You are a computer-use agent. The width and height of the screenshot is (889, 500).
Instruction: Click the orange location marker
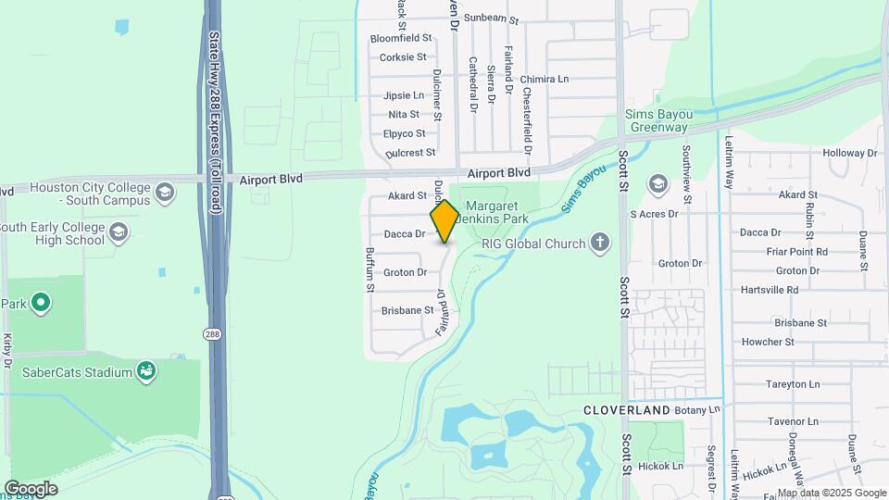[444, 221]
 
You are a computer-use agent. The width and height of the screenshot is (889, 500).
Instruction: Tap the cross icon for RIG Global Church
[600, 244]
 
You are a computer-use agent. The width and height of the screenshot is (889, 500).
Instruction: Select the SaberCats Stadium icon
[146, 372]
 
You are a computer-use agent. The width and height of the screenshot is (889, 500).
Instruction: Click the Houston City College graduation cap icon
[165, 193]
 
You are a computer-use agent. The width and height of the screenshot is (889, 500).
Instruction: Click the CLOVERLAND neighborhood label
[626, 409]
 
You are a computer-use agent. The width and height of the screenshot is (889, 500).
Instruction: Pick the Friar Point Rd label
[796, 251]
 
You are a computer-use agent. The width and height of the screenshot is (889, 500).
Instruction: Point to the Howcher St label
[768, 342]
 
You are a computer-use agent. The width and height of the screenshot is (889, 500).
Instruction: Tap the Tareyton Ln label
[793, 383]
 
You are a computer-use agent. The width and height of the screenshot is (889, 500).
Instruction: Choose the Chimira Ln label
[545, 80]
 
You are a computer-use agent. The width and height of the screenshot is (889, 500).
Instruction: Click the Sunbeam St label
[492, 18]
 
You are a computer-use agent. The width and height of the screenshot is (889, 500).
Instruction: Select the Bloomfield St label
[401, 38]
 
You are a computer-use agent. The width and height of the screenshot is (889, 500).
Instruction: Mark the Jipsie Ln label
[404, 95]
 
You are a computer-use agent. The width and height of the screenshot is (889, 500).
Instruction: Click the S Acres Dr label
[654, 214]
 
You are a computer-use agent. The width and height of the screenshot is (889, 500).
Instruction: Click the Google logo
[31, 488]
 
